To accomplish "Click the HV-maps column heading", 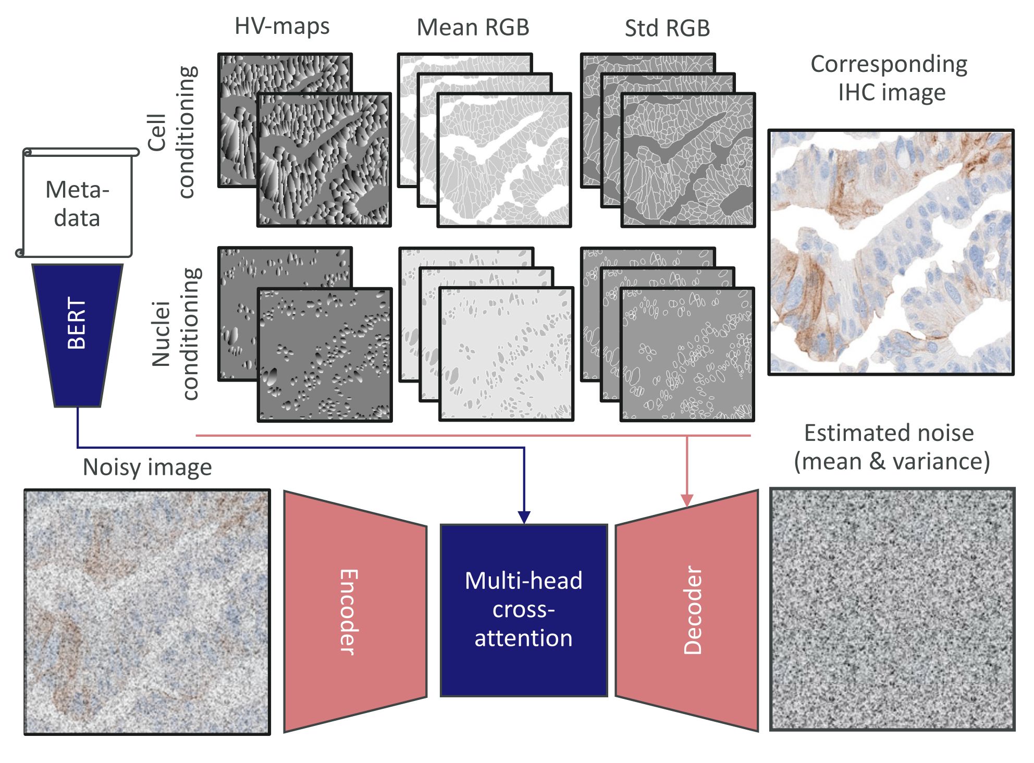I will (x=282, y=27).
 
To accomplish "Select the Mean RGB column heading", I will (x=473, y=28).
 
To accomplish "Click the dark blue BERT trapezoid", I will (x=77, y=334).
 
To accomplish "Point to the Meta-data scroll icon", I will (x=77, y=203).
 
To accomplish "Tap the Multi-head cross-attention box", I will (x=524, y=610).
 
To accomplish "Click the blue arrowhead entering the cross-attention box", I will (x=524, y=517).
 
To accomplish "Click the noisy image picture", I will (x=147, y=612).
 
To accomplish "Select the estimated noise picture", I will (x=892, y=609).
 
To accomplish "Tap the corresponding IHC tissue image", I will (x=891, y=252).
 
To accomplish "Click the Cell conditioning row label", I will (x=172, y=132).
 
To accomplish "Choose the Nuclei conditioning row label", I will (x=175, y=334).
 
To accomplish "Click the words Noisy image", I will (x=147, y=467).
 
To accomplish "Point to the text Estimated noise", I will (x=889, y=433).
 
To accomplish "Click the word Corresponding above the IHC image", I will (x=889, y=65).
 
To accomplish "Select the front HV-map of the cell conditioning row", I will (x=324, y=160).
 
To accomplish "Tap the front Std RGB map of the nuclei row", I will (x=687, y=354).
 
